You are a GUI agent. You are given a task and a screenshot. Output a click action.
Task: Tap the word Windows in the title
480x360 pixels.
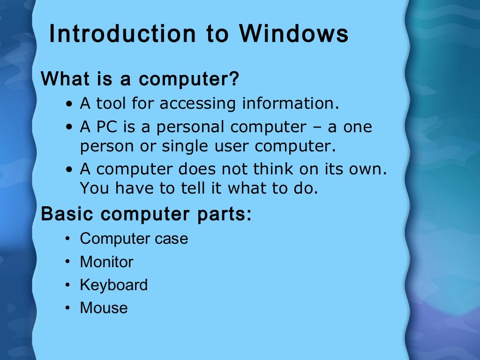pos(293,35)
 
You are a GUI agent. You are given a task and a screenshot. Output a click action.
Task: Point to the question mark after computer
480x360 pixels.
pos(234,78)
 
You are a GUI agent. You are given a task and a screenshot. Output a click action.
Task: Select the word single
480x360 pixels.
pos(183,147)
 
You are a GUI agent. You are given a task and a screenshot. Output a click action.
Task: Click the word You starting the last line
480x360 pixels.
pos(94,188)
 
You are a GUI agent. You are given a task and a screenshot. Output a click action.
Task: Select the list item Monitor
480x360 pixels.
pos(106,262)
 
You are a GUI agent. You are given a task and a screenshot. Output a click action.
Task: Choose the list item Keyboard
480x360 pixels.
pos(113,285)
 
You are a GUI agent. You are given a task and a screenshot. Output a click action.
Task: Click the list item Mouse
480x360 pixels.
pos(104,308)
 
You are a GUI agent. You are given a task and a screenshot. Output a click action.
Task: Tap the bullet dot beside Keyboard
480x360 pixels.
pos(68,285)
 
